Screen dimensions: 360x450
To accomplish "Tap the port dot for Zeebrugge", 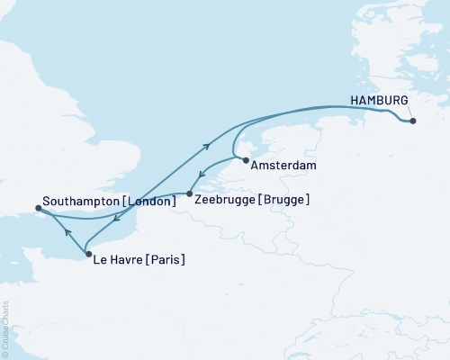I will pyautogui.click(x=189, y=193).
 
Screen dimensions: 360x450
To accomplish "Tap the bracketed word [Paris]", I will pyautogui.click(x=167, y=261).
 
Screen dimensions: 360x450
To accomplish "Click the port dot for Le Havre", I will pyautogui.click(x=88, y=255).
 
